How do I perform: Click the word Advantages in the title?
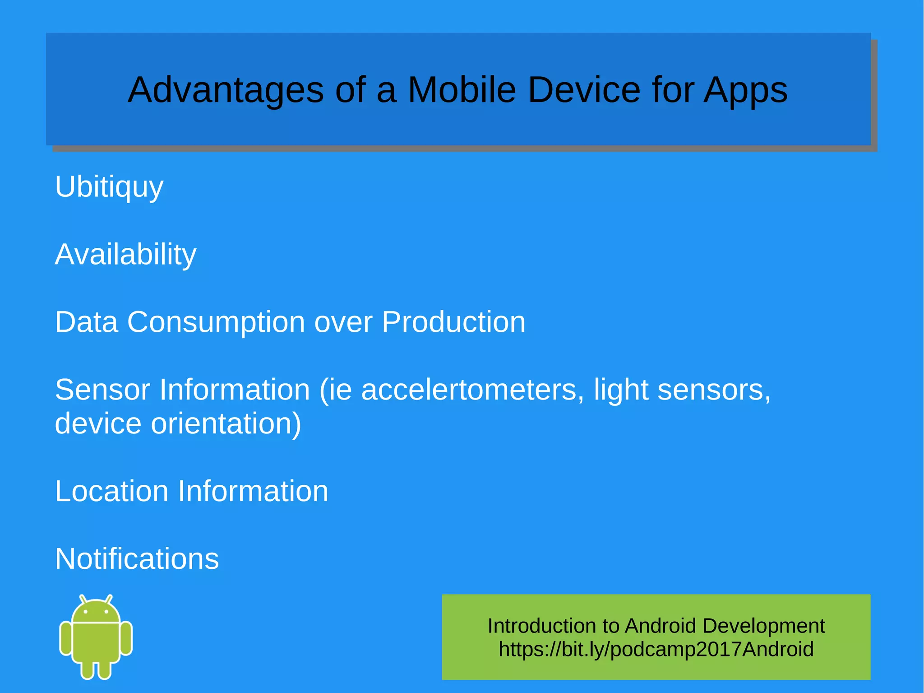tap(226, 90)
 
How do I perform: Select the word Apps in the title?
tap(745, 90)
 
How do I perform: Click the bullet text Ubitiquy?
tap(109, 186)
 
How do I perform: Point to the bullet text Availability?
tap(125, 254)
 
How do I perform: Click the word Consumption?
tap(216, 322)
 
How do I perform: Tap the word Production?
tap(453, 322)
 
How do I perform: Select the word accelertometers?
tap(469, 390)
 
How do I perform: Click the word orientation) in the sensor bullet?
tap(226, 423)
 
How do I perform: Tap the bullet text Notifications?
tap(137, 559)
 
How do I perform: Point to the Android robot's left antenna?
tap(83, 600)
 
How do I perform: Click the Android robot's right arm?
tap(126, 638)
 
